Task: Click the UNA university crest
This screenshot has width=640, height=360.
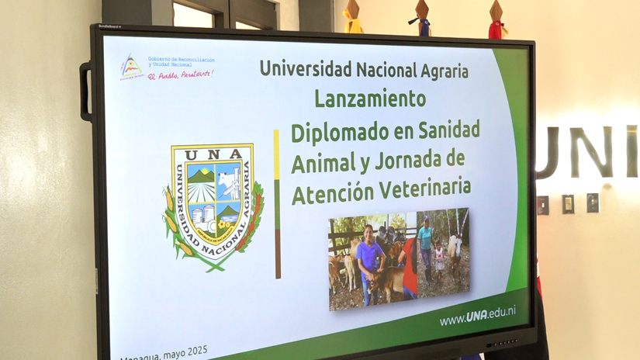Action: (x=213, y=204)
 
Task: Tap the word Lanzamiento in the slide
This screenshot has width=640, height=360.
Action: (x=370, y=99)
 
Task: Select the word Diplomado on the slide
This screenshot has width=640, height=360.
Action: (x=338, y=131)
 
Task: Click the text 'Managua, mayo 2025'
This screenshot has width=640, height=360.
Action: (x=164, y=353)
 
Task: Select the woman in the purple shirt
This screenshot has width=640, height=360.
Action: (x=369, y=260)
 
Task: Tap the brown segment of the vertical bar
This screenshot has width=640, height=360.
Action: (x=278, y=253)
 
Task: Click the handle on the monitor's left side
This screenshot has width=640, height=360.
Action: (x=85, y=91)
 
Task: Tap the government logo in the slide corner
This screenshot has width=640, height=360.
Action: (x=131, y=67)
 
